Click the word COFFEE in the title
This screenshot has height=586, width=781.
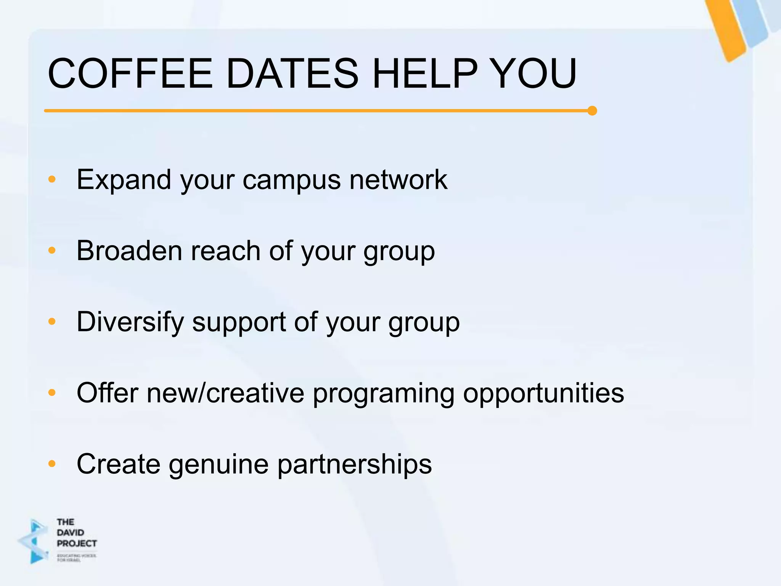pyautogui.click(x=130, y=73)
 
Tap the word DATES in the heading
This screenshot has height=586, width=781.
pyautogui.click(x=292, y=73)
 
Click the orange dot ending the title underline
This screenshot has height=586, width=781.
pyautogui.click(x=592, y=111)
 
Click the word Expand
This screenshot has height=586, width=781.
pyautogui.click(x=124, y=179)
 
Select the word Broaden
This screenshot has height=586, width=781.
pyautogui.click(x=129, y=251)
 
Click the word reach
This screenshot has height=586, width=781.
pyautogui.click(x=225, y=251)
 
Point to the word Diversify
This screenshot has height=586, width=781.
pyautogui.click(x=130, y=322)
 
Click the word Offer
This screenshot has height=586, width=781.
pyautogui.click(x=107, y=393)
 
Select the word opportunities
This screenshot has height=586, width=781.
pyautogui.click(x=543, y=393)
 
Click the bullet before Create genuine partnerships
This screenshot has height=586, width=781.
pyautogui.click(x=52, y=464)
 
